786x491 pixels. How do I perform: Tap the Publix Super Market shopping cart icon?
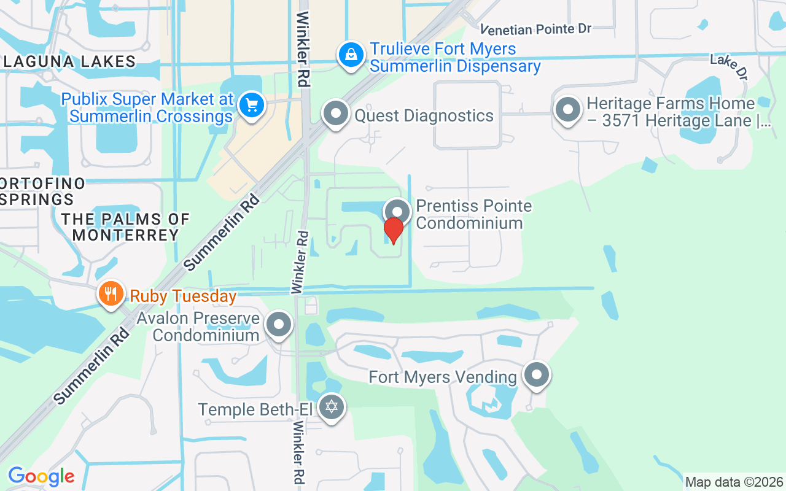[251, 106]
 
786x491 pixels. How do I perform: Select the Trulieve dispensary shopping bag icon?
[351, 55]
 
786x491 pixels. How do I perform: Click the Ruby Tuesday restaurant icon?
[111, 293]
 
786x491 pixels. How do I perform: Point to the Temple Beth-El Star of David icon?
[332, 406]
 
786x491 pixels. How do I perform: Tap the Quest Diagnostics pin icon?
[336, 114]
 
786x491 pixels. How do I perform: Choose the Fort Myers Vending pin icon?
[537, 374]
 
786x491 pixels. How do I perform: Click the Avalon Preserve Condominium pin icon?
[279, 323]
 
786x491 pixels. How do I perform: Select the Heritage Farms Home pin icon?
[567, 110]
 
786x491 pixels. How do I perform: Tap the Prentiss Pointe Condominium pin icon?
[397, 212]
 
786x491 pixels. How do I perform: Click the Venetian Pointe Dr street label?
[535, 29]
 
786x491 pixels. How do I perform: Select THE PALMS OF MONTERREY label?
[125, 227]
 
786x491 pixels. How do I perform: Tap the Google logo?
[41, 476]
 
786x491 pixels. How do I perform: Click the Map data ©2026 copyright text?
[734, 482]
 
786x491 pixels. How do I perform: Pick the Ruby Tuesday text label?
[183, 296]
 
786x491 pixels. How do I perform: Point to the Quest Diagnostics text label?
[424, 115]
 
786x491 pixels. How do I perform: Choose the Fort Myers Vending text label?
[443, 377]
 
